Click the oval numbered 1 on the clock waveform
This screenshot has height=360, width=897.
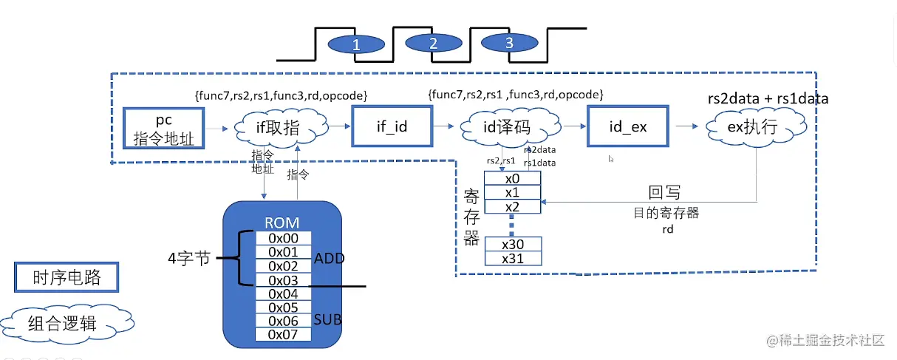(356, 44)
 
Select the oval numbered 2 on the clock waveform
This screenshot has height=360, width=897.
(433, 43)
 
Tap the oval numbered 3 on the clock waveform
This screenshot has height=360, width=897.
(508, 43)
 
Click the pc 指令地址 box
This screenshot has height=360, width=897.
(163, 127)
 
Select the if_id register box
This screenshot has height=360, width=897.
(392, 126)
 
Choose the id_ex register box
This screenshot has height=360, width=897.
(627, 126)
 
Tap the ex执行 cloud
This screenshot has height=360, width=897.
(751, 127)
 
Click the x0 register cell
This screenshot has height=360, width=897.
(512, 179)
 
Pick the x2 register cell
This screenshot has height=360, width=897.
(512, 206)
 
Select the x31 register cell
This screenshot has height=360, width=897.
(513, 258)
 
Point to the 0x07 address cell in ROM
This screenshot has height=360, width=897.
(284, 334)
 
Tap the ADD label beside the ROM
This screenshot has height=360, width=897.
(329, 259)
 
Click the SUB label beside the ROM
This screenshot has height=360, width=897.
(328, 320)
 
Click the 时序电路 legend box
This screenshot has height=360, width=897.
(66, 278)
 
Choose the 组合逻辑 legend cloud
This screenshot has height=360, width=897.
(66, 322)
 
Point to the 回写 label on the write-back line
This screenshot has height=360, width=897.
(664, 194)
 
